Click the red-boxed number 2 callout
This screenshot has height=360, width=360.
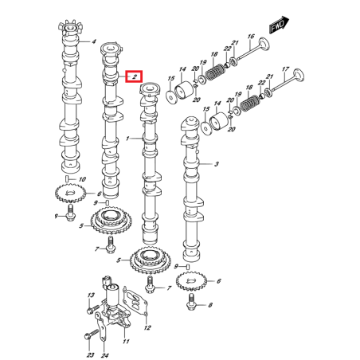[x=135, y=76]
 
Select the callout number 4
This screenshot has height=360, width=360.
[x=92, y=41]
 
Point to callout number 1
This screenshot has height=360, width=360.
[x=127, y=139]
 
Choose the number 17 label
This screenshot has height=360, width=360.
[x=285, y=69]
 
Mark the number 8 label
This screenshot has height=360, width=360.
[x=210, y=305]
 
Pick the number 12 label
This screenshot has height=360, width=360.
[x=147, y=327]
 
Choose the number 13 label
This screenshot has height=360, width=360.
[x=90, y=295]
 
